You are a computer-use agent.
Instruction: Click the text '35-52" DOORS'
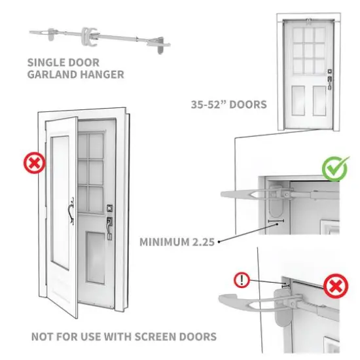point(228,104)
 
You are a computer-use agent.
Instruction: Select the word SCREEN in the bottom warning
point(147,337)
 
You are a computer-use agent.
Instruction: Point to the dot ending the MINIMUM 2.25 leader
point(219,241)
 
